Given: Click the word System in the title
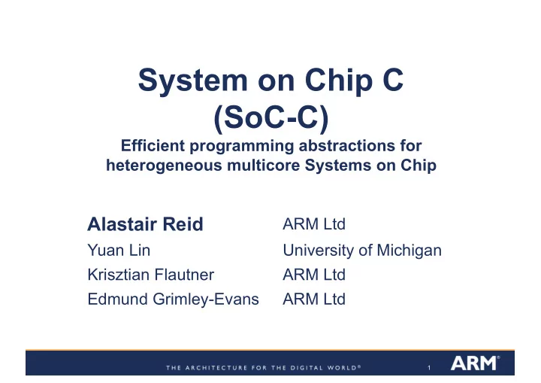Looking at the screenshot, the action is point(193,81).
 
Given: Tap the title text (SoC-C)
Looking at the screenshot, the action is point(271,117).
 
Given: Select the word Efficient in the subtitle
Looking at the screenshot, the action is point(153,145).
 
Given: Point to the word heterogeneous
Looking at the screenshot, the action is point(165,166).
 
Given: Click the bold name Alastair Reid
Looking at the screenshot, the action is point(145,224).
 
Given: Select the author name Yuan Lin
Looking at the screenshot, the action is point(119,250).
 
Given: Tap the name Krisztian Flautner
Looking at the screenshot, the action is point(151,275).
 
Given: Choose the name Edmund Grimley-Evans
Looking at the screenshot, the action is point(174,299).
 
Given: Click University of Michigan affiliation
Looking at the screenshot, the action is point(362,251).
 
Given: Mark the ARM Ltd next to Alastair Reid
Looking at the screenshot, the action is point(314,224).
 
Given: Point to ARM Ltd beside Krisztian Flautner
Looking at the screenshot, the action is point(314,275).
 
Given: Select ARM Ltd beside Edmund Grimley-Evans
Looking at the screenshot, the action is point(314,299).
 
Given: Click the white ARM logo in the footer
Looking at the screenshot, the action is point(475,363).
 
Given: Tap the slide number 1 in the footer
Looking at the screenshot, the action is point(429,368).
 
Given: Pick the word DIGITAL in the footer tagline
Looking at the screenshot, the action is point(307,368).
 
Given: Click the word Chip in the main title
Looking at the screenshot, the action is point(340,81).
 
